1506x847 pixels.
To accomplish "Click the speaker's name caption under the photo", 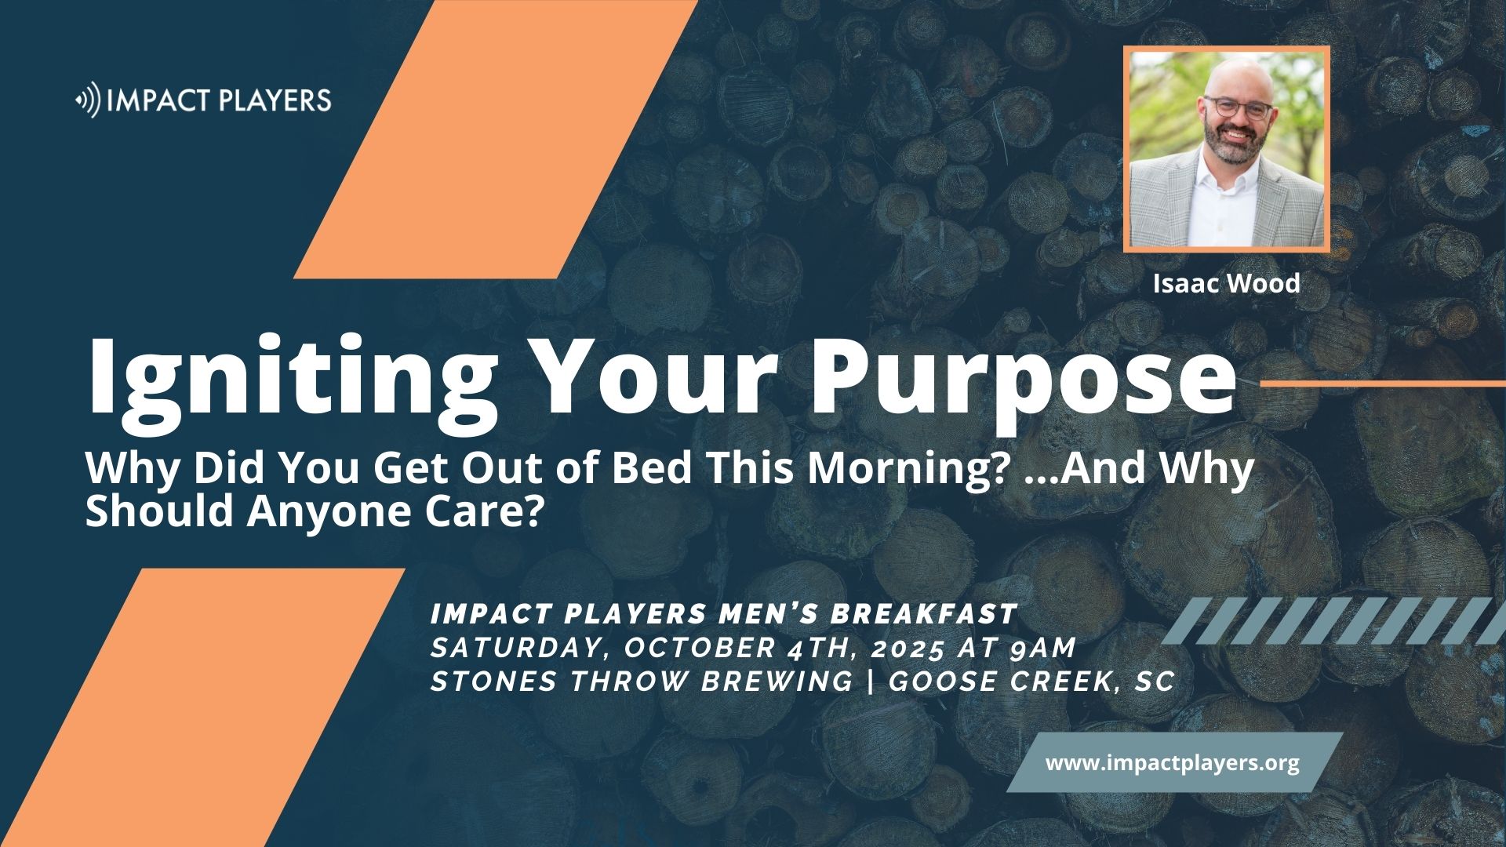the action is tap(1226, 283).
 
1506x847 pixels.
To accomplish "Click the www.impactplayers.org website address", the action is tap(1173, 762).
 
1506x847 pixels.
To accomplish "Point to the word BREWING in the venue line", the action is tap(778, 682).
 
